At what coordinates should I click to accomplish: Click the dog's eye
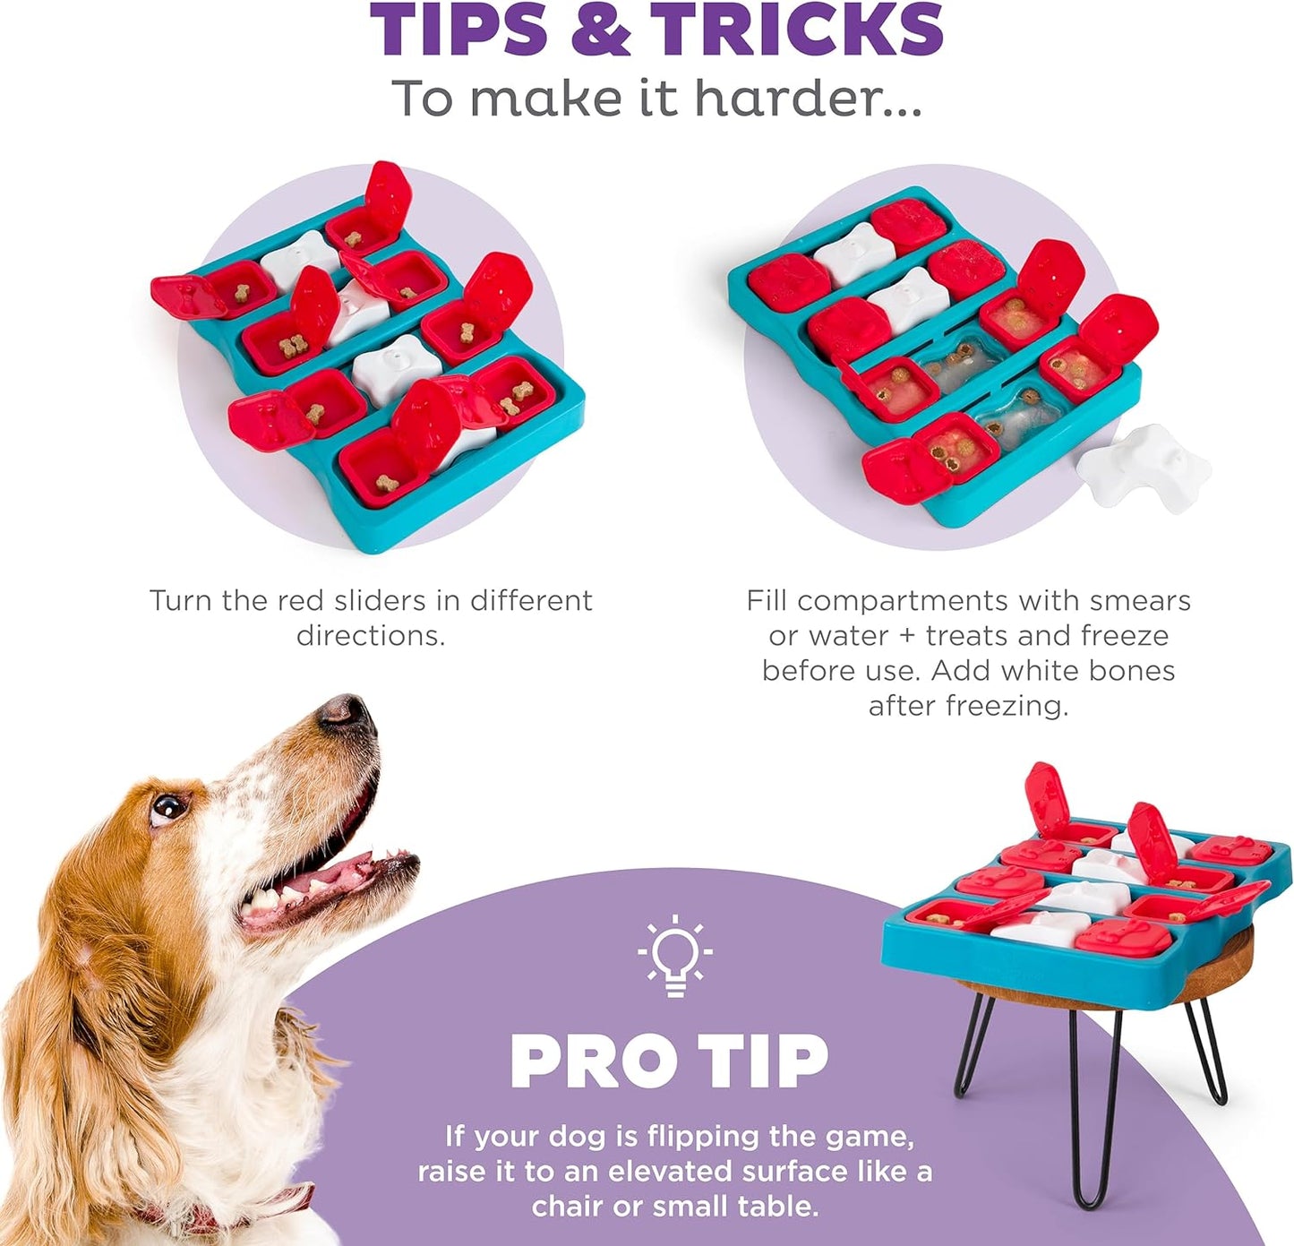coord(167,808)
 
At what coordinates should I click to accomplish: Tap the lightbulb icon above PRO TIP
coord(675,955)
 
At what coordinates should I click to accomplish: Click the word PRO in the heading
coord(593,1062)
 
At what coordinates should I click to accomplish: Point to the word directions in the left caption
coord(371,636)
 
